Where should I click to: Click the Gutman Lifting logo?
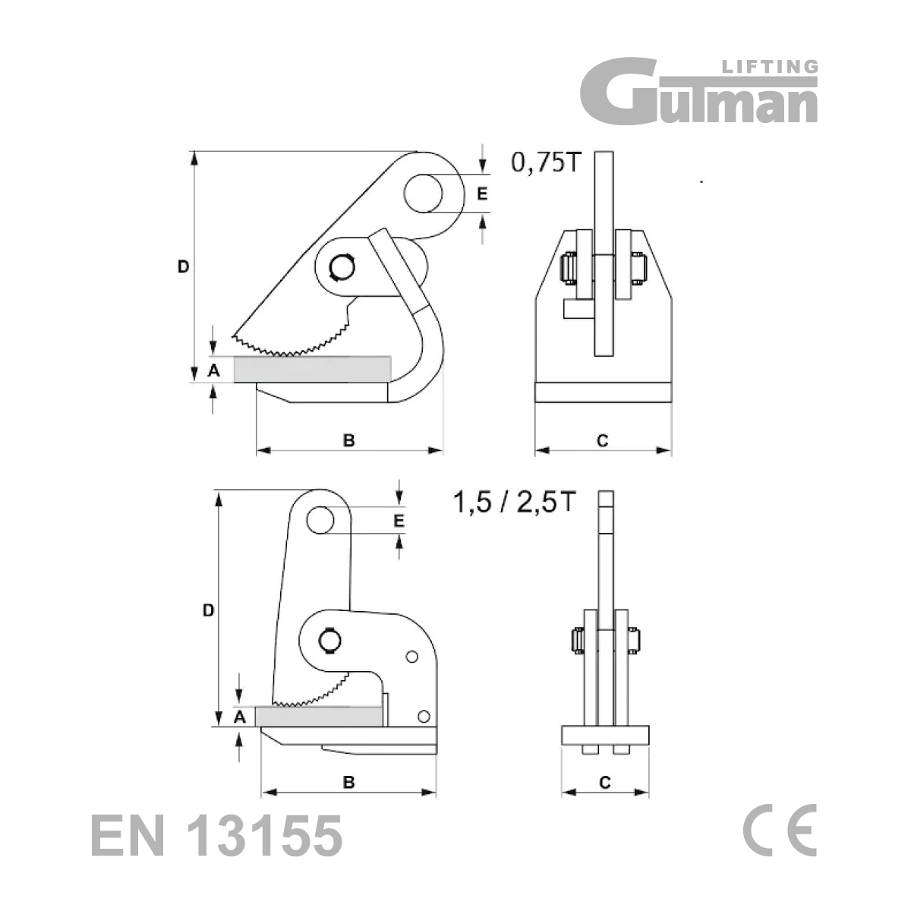(698, 91)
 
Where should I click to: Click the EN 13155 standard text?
(216, 835)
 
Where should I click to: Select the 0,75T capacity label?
(544, 162)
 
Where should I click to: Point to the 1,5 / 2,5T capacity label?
(515, 502)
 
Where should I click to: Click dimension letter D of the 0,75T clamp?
(183, 267)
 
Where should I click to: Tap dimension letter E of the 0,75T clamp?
(482, 194)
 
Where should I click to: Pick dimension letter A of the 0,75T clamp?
(213, 370)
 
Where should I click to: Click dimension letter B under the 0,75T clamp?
(348, 440)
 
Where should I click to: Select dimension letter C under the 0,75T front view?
(602, 440)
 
